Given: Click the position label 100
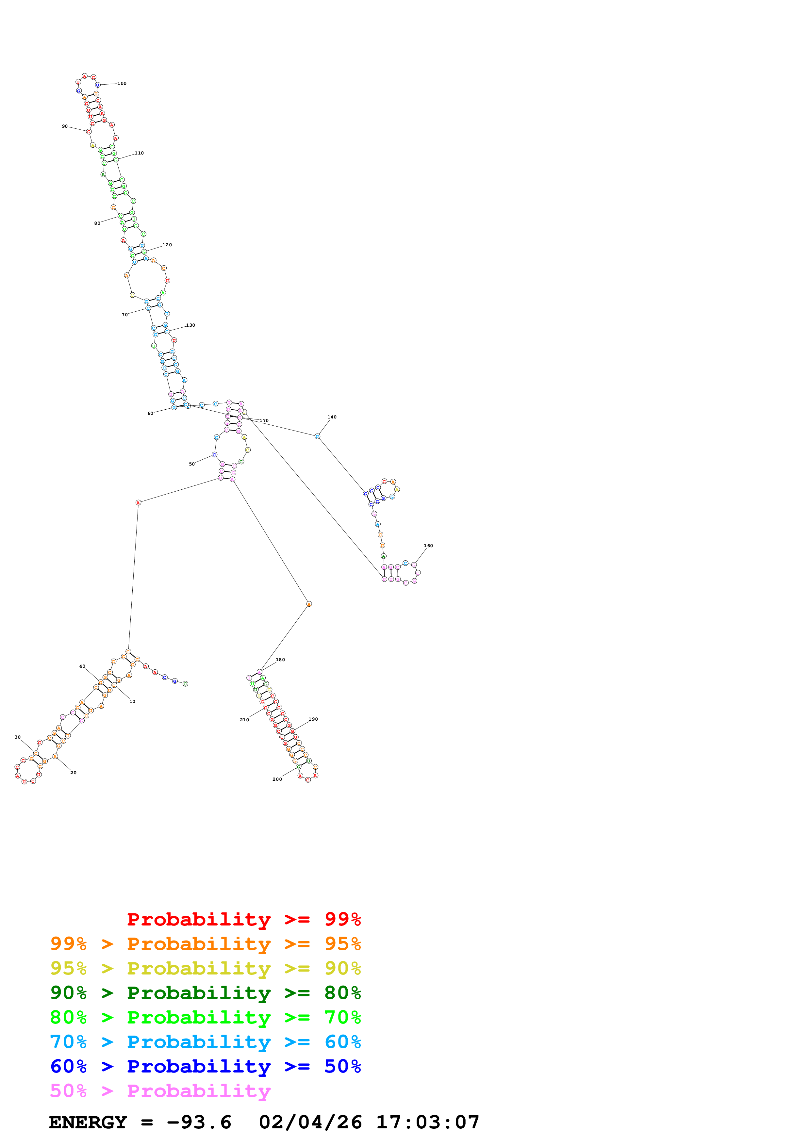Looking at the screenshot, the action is pos(122,83).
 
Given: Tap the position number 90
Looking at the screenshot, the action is pos(65,126).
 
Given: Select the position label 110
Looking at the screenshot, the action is pos(139,153).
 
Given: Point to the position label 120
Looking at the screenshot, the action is pos(167,245).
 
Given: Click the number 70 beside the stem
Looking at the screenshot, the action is pos(125,315).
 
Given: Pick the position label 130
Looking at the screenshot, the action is pos(190,325).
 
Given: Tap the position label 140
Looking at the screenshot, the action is pos(332,417).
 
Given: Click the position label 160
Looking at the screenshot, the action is pos(428,546).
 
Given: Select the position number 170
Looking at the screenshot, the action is pos(264,421).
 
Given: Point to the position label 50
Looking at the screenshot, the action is pos(192,464).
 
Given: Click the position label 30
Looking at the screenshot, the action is pos(17,737).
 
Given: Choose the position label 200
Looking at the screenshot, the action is pos(277,780).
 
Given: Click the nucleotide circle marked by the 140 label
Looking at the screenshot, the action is pos(317,436).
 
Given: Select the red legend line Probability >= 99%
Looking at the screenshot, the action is pos(243,919).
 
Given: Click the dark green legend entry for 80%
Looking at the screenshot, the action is pos(205,993).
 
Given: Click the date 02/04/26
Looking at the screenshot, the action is pos(310,1122).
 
